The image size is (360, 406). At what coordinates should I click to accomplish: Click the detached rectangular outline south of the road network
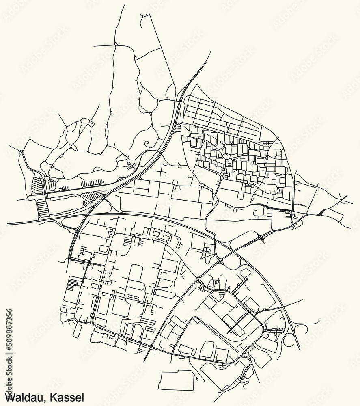pos(177,380)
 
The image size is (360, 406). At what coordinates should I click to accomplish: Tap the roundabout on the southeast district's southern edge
pos(244,356)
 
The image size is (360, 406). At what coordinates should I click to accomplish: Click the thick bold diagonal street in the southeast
pos(239,321)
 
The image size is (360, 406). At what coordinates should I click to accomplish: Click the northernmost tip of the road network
pos(124,4)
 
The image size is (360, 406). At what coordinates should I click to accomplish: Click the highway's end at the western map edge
pos(8,224)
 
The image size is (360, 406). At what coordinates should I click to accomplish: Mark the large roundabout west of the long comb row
pos(47,179)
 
